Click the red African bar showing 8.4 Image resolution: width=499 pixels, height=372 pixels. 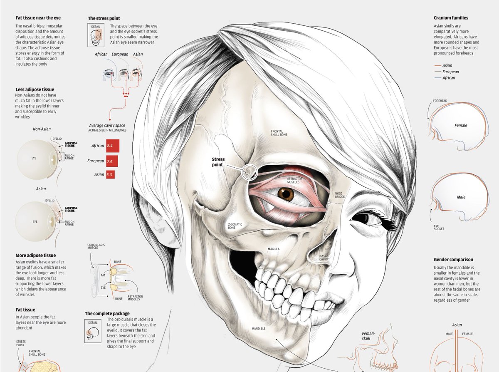tap(113, 146)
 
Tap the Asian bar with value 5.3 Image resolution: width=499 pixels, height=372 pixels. tap(110, 175)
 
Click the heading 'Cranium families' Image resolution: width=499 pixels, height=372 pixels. tap(451, 18)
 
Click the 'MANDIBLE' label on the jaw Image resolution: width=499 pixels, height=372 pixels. tap(258, 328)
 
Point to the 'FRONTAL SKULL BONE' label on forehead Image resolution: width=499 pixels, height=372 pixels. tap(279, 132)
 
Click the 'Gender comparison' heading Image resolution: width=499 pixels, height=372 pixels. tap(453, 260)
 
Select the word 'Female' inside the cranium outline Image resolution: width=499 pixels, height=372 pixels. tap(461, 125)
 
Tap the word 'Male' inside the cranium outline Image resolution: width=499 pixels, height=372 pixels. tap(460, 197)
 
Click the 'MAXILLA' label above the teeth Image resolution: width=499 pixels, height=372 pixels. tap(274, 249)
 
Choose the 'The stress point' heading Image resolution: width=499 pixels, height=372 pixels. tap(104, 18)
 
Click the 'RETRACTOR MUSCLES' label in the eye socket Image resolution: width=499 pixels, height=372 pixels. tap(294, 180)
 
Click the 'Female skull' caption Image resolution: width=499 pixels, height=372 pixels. tap(368, 336)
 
